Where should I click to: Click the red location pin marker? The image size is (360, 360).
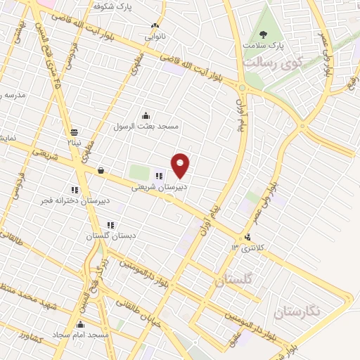pos(181,165)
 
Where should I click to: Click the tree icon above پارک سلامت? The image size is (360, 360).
pos(264,33)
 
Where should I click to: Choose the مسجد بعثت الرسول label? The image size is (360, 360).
pos(147,126)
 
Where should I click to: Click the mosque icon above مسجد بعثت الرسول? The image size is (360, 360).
pos(146,116)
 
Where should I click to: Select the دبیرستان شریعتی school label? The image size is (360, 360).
pos(158,187)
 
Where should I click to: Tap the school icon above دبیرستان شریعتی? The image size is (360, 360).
pos(159,176)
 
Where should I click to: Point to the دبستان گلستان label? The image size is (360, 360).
pos(109,236)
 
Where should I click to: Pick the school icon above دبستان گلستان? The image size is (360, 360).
pos(110,226)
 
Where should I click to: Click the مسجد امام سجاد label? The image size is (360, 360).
pos(83,335)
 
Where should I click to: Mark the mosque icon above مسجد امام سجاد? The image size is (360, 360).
pos(82,325)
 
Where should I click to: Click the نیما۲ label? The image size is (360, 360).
pos(74,141)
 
